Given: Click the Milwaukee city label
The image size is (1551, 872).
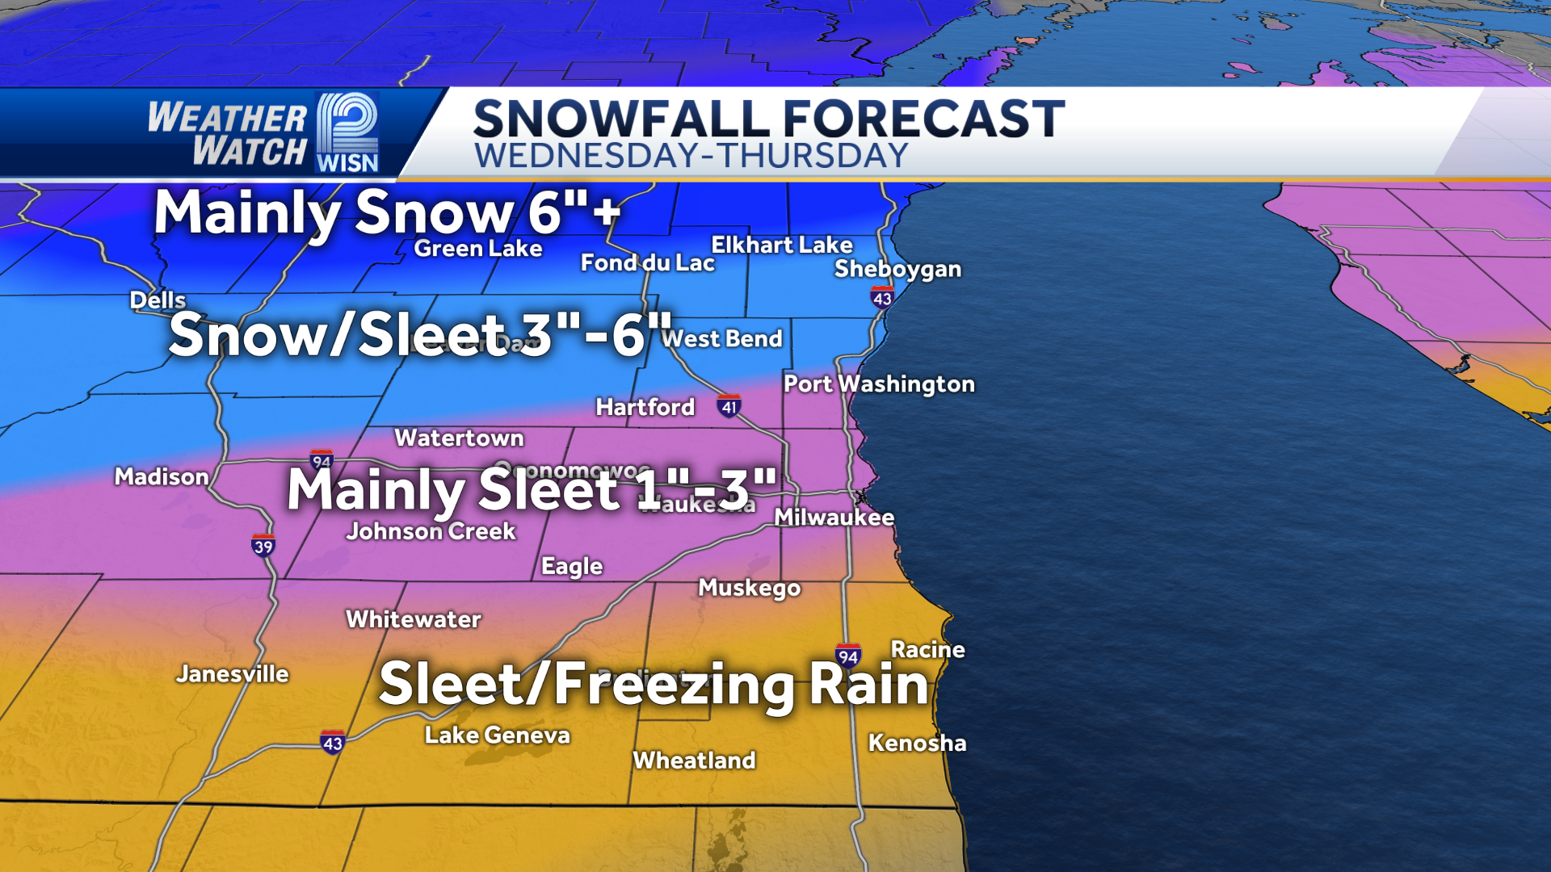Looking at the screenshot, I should click(834, 518).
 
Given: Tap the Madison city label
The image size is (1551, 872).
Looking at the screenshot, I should click(162, 477).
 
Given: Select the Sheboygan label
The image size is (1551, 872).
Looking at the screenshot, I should click(897, 269).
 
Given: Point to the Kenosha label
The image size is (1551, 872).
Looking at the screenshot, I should click(917, 743).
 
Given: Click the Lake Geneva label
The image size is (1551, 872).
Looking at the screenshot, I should click(497, 735).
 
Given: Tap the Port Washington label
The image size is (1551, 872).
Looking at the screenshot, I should click(879, 384).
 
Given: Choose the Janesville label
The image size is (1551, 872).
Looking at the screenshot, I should click(233, 674).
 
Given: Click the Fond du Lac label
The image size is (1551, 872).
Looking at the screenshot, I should click(647, 263).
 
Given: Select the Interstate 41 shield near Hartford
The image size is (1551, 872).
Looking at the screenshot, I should click(729, 406).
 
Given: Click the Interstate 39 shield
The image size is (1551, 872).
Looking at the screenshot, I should click(263, 546).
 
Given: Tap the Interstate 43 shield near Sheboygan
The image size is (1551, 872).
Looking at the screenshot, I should click(882, 298).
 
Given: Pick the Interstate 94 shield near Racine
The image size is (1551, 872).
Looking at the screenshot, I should click(847, 656).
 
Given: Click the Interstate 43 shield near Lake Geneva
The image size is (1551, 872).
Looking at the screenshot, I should click(333, 742).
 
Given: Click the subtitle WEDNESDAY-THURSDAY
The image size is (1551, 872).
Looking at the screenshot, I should click(691, 156).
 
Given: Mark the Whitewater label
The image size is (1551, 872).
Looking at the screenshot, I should click(413, 619).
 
